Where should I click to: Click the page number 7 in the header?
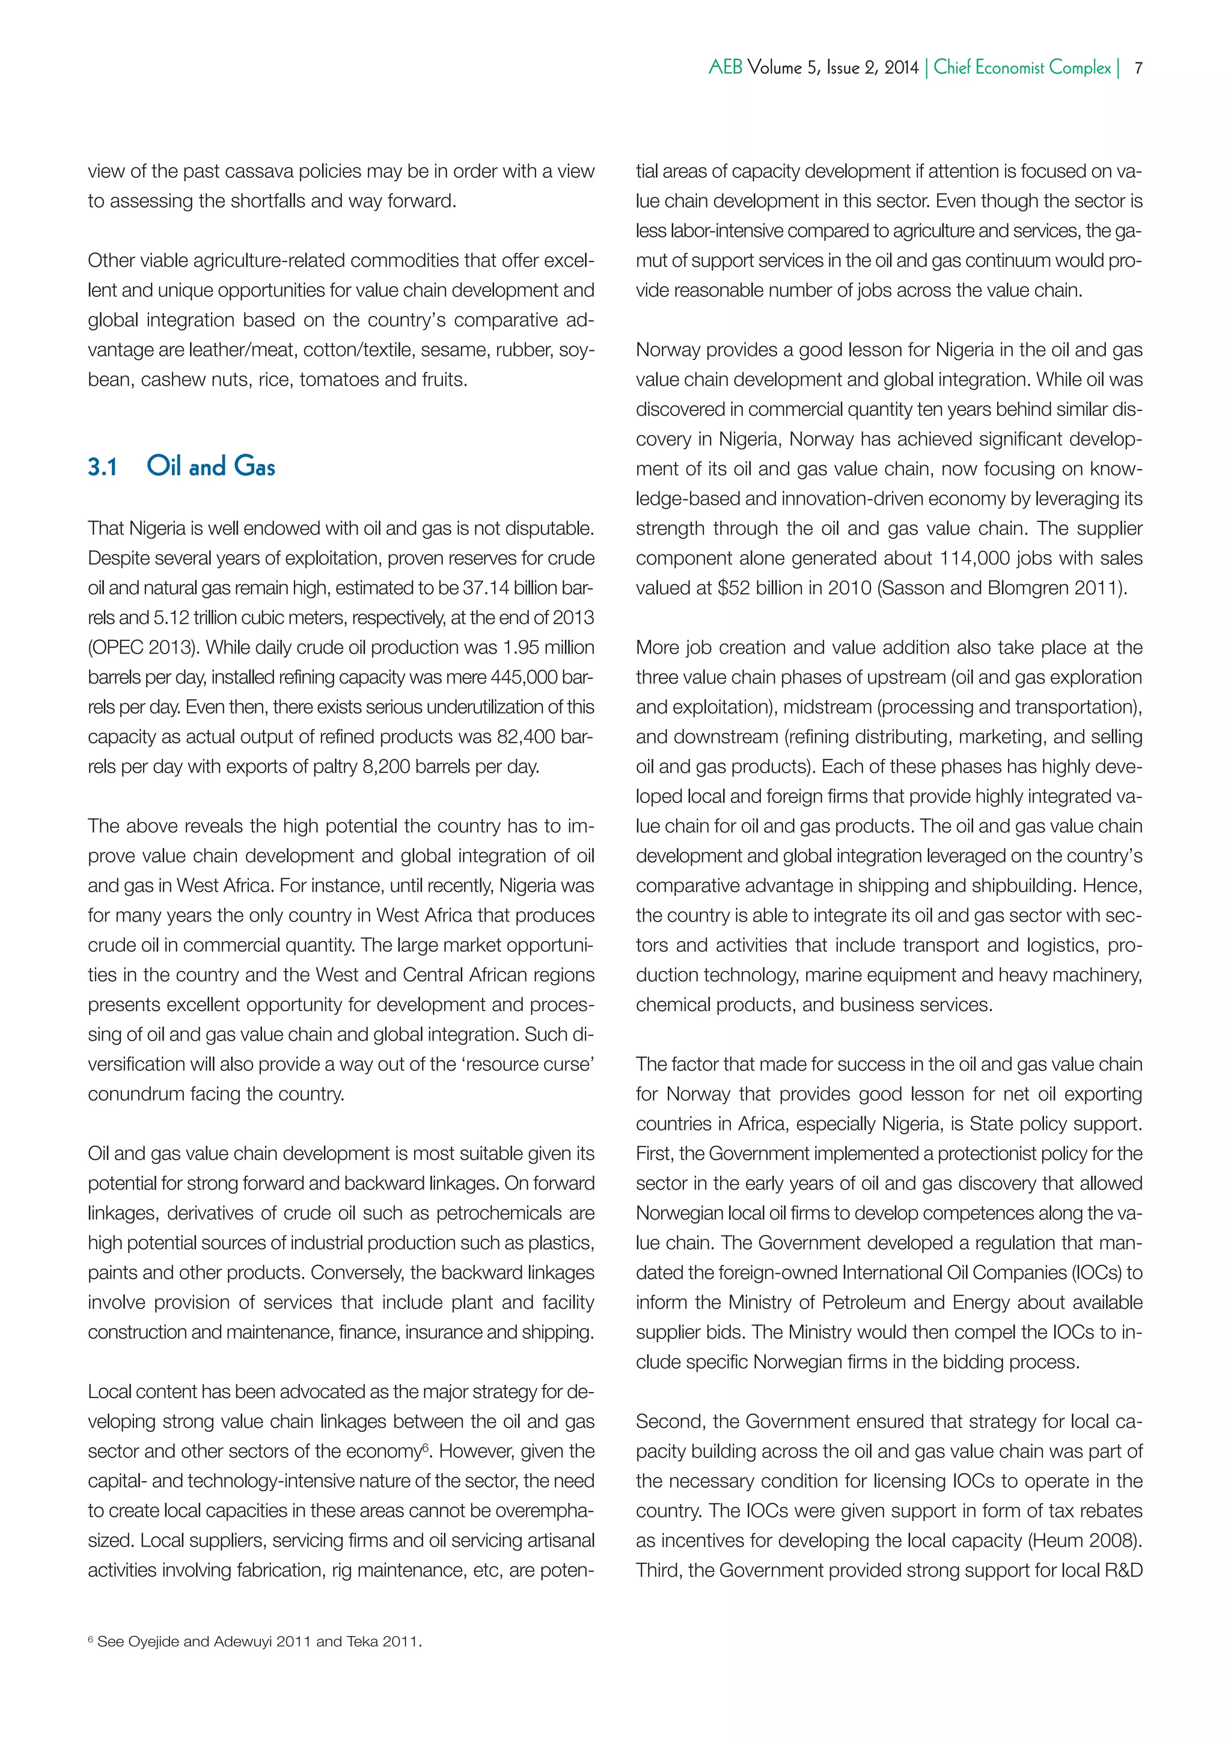(x=1138, y=68)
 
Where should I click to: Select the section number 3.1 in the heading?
(x=102, y=467)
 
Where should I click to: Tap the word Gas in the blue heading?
(x=255, y=466)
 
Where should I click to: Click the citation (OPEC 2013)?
(x=143, y=648)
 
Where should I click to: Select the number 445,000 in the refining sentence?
(x=522, y=678)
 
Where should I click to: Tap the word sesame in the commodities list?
(x=449, y=350)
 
